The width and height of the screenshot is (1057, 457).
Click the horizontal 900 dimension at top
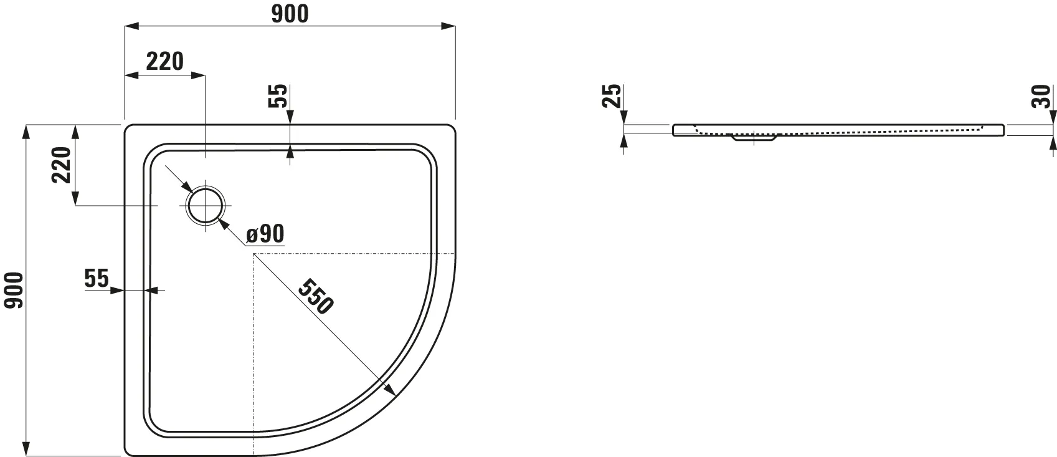(290, 14)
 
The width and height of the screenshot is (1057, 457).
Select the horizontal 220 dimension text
(165, 61)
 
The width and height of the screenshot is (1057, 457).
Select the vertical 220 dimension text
(61, 165)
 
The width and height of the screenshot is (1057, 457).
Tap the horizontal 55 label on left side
(97, 279)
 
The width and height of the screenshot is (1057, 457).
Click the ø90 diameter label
(265, 234)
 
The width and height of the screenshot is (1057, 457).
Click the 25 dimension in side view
(614, 96)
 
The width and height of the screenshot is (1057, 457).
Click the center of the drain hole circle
(205, 205)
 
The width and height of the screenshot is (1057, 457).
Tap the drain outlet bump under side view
(754, 139)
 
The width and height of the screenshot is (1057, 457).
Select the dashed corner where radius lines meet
(253, 254)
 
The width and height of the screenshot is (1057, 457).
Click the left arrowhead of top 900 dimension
(131, 26)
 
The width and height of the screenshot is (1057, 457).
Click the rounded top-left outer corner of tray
(130, 130)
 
